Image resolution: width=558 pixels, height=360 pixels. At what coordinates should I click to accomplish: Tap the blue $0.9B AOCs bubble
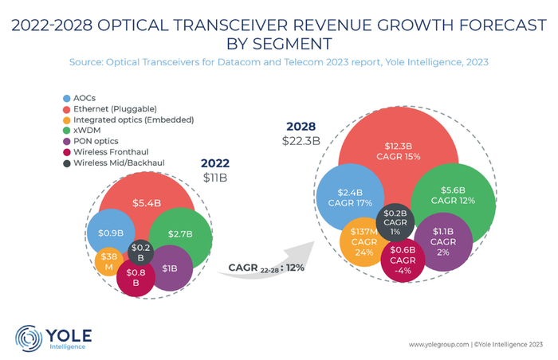109,234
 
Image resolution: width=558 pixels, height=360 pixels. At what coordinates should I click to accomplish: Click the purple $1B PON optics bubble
170,268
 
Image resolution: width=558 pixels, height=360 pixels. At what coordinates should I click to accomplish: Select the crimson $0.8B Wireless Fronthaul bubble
135,276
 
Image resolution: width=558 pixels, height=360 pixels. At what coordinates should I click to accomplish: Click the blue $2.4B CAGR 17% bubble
349,196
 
